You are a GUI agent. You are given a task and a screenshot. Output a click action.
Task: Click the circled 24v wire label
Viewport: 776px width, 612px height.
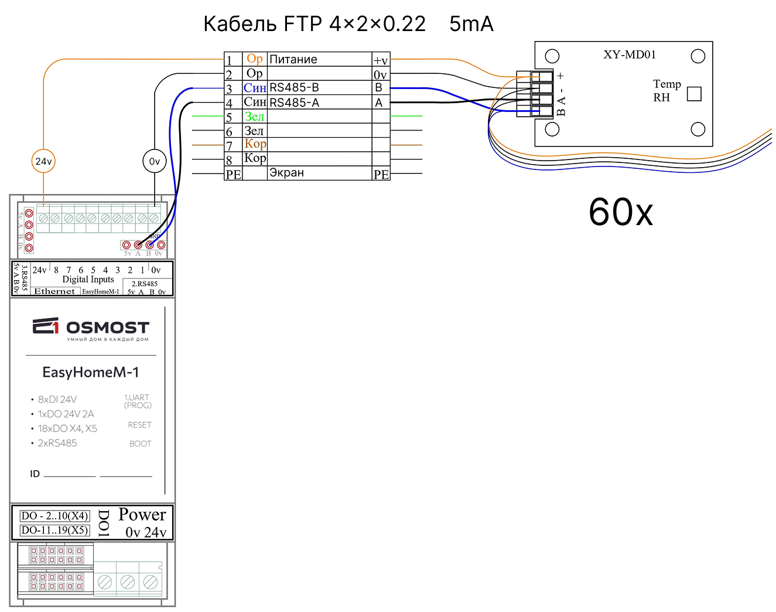pos(43,161)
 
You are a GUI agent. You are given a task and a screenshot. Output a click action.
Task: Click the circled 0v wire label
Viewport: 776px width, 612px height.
pos(155,161)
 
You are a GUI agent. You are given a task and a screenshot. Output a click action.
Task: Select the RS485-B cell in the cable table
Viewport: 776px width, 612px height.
pos(294,88)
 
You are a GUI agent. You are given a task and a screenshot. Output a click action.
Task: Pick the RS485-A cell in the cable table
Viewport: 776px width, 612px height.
pos(294,103)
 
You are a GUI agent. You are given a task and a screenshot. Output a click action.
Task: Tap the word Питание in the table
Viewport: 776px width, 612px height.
pos(293,59)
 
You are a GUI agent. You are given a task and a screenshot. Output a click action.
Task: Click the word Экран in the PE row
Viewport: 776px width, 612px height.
pos(286,173)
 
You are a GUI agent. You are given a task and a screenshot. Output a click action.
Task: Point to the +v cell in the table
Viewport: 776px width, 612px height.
pos(381,60)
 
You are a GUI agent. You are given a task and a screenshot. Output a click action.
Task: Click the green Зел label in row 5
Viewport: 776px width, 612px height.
pos(254,117)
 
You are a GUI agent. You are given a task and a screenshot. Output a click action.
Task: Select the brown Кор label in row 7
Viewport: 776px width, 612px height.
pos(255,144)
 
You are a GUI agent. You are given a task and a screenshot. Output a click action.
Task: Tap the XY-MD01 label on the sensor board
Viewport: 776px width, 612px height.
pos(630,55)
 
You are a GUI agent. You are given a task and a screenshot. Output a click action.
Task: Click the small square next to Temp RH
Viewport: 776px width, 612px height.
pos(694,94)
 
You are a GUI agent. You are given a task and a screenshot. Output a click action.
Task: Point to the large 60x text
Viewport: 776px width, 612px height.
pos(621,212)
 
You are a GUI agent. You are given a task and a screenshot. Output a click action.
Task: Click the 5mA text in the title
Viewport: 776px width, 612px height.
pos(471,24)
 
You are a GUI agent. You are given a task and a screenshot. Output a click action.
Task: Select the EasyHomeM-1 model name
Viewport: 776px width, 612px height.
pos(91,372)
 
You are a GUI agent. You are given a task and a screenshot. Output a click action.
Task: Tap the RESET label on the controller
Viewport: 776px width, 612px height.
pos(139,425)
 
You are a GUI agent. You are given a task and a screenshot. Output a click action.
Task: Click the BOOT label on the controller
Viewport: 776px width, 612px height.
pos(140,444)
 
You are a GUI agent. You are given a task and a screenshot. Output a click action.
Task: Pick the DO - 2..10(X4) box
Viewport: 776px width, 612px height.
pos(55,516)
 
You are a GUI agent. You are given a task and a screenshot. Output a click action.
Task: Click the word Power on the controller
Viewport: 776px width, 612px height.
pos(142,515)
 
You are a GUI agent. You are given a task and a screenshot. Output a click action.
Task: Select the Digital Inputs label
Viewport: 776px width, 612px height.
pos(88,280)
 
